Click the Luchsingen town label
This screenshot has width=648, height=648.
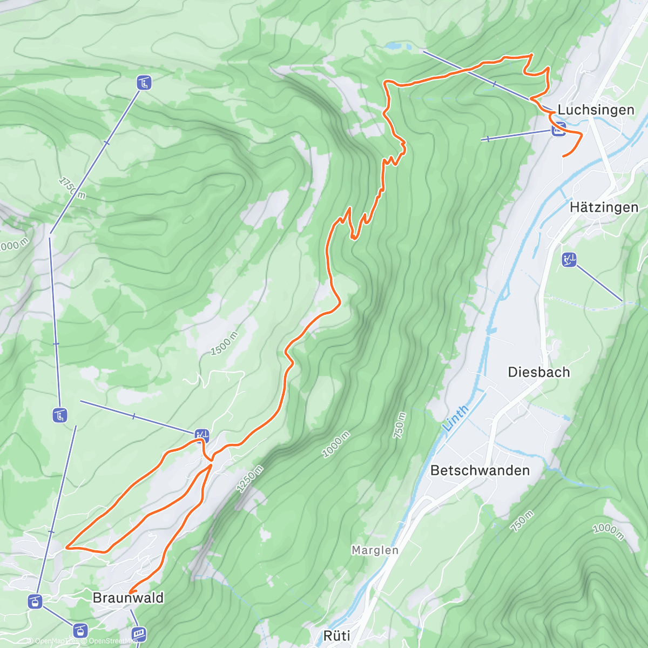596,110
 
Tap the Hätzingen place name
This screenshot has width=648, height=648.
604,207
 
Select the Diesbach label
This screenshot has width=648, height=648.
538,372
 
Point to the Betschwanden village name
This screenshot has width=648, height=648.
480,470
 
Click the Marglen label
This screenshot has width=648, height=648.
375,550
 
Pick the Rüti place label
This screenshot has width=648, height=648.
336,636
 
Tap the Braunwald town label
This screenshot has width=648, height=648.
128,598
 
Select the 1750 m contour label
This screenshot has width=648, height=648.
72,187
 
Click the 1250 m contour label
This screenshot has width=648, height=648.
249,478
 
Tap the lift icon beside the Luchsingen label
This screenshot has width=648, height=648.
558,130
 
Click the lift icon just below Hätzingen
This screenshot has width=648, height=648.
569,260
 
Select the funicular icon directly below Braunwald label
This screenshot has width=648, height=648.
139,633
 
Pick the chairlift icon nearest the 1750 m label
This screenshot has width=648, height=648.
144,83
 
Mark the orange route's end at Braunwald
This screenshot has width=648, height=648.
130,592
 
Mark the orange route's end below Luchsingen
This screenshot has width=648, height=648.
563,156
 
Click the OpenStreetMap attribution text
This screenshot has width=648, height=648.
113,641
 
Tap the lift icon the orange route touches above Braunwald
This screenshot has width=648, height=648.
202,435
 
